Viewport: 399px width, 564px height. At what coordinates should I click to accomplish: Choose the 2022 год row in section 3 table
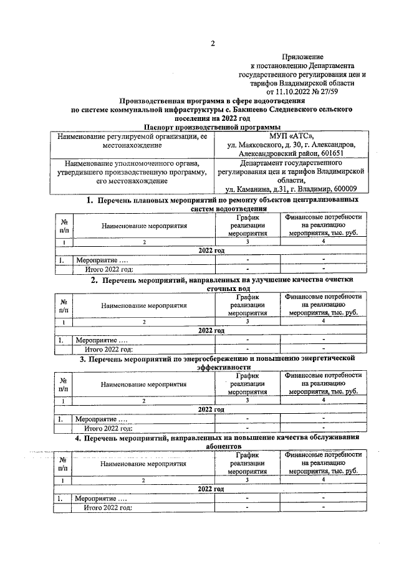coord(211,409)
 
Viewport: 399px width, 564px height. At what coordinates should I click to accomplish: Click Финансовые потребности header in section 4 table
coord(323,456)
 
